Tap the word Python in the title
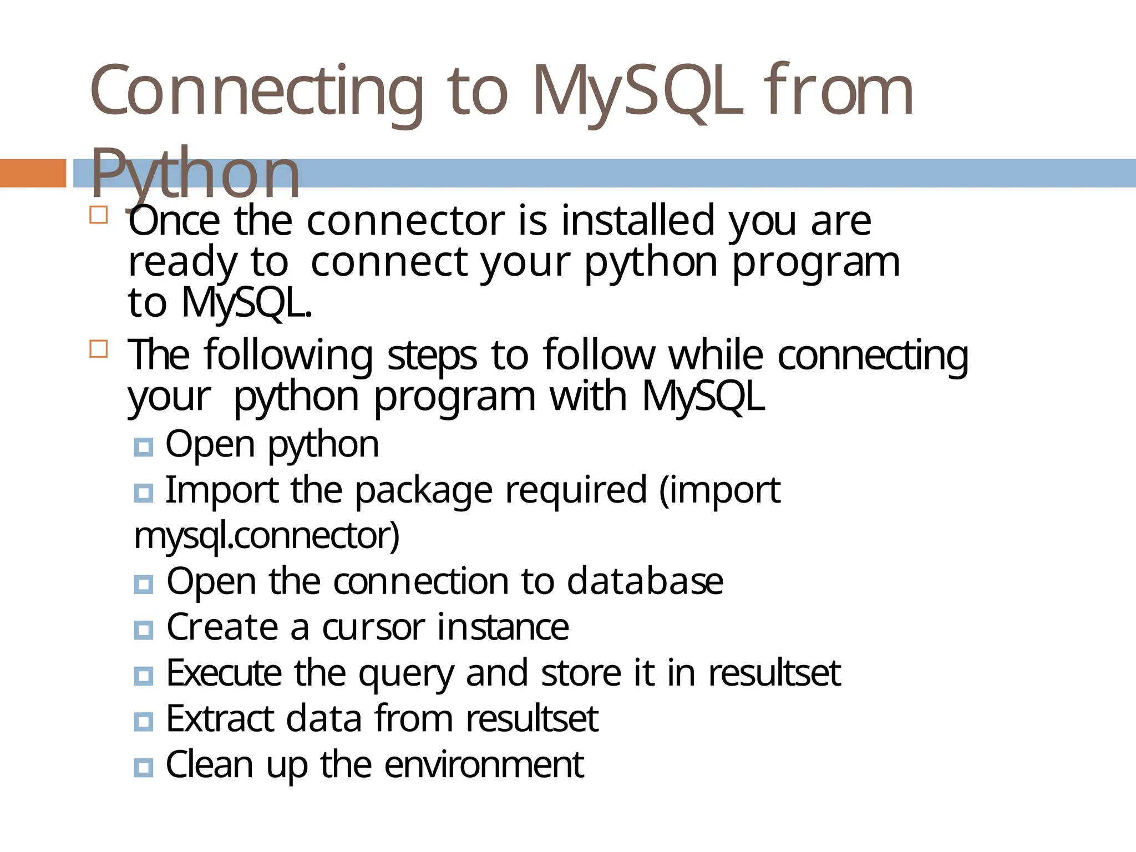click(x=195, y=173)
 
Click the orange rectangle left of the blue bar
click(x=33, y=173)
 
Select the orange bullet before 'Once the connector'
click(x=98, y=215)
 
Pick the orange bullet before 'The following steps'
click(x=98, y=349)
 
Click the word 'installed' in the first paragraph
click(x=637, y=221)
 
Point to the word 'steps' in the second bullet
click(x=432, y=355)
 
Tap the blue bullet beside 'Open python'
click(x=143, y=447)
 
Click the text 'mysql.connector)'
click(x=266, y=536)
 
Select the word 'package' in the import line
click(x=423, y=491)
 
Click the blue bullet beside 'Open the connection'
click(x=143, y=584)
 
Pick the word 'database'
click(x=645, y=581)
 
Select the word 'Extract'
click(x=220, y=719)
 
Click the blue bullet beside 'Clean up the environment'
click(x=143, y=768)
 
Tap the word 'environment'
click(x=484, y=765)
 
